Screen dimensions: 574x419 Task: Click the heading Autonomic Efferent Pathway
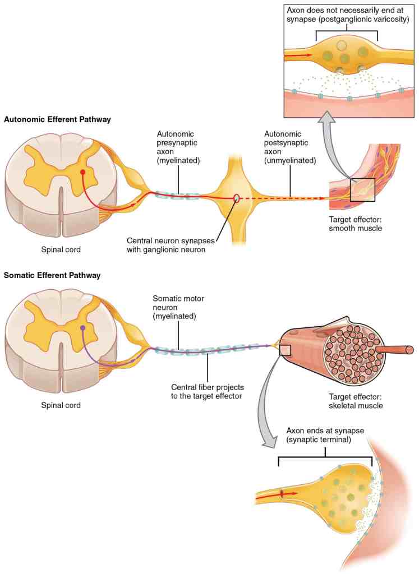[57, 119]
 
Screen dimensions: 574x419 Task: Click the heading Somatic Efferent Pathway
[52, 275]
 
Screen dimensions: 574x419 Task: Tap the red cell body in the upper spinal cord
[84, 173]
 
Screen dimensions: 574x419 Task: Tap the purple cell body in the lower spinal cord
[83, 328]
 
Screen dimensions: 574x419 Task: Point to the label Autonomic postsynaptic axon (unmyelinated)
[289, 147]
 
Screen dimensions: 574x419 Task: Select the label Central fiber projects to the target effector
[208, 391]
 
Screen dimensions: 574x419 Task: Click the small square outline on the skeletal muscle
[285, 350]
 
